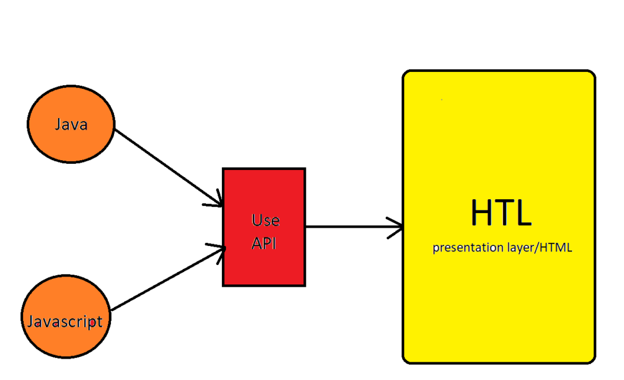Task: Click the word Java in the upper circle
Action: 71,125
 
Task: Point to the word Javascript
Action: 65,320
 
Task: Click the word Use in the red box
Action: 265,220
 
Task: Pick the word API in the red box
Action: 264,243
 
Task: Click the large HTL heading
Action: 501,213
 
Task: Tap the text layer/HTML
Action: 536,248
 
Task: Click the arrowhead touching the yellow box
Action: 396,227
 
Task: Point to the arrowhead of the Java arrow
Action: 216,201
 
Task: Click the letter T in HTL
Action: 503,213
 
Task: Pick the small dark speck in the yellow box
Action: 441,99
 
